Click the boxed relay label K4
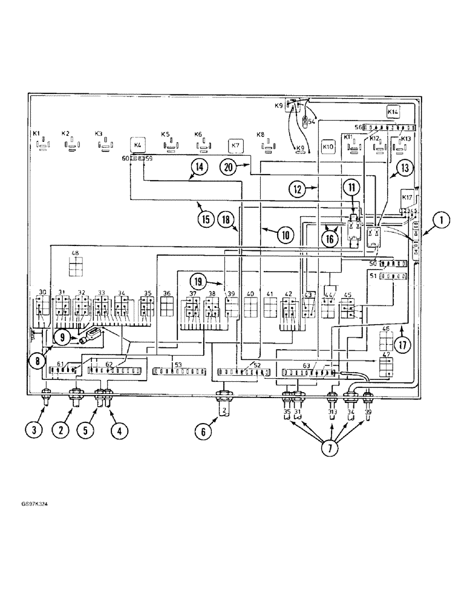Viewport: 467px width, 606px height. tap(137, 145)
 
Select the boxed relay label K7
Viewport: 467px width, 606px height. tap(236, 146)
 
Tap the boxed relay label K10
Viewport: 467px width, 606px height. tap(328, 147)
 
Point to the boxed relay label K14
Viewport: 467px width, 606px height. tap(393, 112)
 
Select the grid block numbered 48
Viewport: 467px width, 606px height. tap(75, 266)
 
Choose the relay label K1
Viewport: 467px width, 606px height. tap(36, 133)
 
